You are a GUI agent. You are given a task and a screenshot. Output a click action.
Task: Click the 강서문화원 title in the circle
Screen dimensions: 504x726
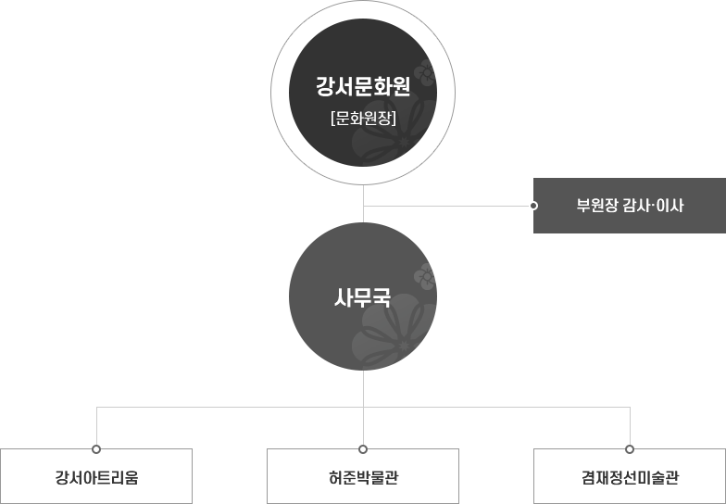tap(362, 89)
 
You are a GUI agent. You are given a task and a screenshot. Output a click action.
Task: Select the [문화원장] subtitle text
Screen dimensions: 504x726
tap(362, 118)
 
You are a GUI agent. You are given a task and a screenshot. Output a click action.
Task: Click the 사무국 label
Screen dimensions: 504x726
tap(362, 298)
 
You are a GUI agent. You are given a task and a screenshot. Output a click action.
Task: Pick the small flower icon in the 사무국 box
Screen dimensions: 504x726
tap(425, 274)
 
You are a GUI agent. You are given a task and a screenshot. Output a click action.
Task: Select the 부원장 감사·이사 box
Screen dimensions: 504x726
tap(630, 205)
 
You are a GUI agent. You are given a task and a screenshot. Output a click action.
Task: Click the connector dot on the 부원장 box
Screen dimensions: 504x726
tap(533, 205)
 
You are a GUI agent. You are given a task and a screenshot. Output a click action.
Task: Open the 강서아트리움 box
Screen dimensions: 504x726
tap(96, 476)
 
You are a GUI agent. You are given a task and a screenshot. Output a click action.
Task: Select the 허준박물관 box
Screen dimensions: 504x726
tap(363, 476)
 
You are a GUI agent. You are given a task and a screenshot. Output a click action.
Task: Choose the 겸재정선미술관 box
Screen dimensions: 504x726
tap(630, 476)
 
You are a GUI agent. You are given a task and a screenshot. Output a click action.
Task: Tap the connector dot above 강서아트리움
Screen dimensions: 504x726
tap(96, 448)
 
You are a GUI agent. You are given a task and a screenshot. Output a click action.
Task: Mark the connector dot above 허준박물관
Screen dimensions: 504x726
tap(363, 448)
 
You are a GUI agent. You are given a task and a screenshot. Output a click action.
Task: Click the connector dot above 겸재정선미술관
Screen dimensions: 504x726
tap(630, 448)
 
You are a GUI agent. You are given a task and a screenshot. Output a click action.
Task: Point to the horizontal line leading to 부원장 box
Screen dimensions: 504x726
tap(444, 205)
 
